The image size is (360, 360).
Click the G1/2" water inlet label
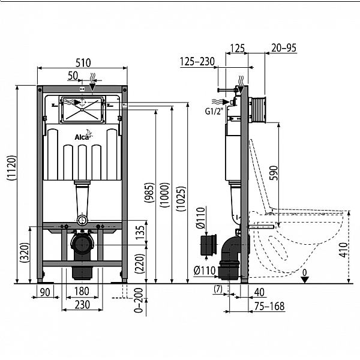[x=214, y=110]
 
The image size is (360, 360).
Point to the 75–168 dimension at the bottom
[x=268, y=307]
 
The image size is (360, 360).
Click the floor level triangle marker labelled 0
[x=305, y=278]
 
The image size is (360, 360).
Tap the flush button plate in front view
[x=82, y=110]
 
